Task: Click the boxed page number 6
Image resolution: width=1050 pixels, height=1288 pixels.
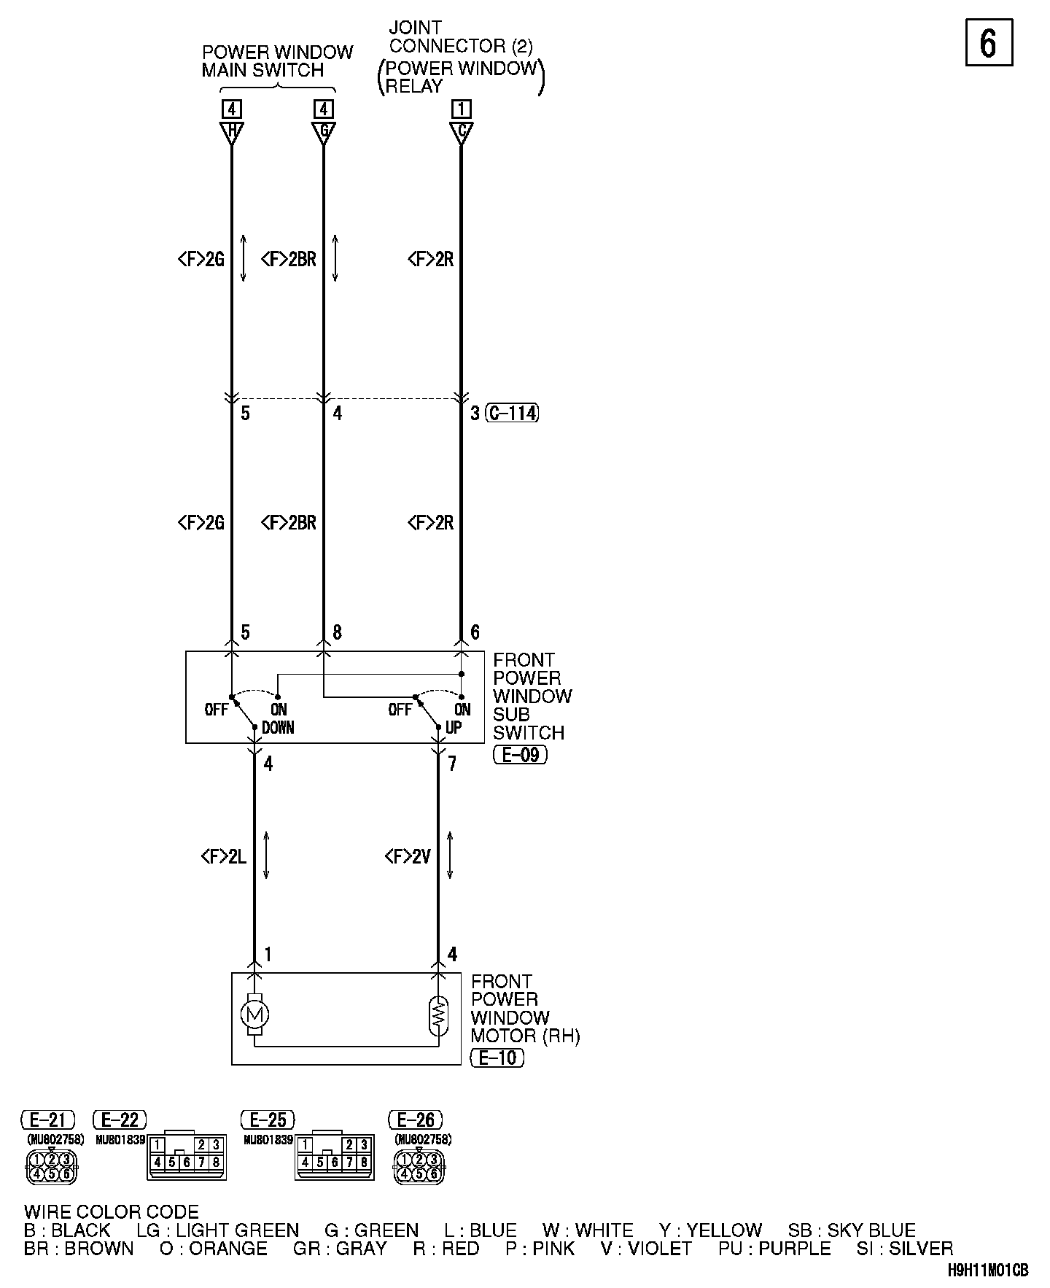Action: [x=989, y=43]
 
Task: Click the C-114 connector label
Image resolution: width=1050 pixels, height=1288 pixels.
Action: [x=513, y=414]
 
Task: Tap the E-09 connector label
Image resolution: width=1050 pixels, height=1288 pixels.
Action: [x=520, y=755]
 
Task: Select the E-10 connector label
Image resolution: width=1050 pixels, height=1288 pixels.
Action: [x=498, y=1058]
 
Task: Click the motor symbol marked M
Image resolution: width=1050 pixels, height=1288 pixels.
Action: [x=254, y=1014]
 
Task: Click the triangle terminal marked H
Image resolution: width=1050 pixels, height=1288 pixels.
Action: [x=232, y=133]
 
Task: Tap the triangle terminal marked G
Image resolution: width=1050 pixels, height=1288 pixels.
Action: [x=324, y=133]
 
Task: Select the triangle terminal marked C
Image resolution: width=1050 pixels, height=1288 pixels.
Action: [x=461, y=133]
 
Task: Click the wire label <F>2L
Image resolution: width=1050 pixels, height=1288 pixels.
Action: [x=224, y=856]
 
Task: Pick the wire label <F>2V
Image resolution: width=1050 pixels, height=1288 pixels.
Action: [x=408, y=856]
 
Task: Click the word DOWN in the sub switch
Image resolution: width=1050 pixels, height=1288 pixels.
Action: [x=278, y=728]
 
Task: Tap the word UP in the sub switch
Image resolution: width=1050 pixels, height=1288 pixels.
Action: [x=454, y=728]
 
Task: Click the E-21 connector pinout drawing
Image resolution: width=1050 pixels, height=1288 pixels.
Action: [x=51, y=1166]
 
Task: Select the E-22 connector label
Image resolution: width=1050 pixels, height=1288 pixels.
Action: [x=120, y=1120]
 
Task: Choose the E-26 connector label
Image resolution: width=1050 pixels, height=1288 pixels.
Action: [x=416, y=1120]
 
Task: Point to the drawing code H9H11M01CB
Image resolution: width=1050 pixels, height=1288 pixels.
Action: [x=988, y=1270]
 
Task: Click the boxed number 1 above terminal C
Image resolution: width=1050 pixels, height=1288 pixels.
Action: [x=461, y=109]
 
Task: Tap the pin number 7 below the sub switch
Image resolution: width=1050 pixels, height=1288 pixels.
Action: [x=453, y=764]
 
